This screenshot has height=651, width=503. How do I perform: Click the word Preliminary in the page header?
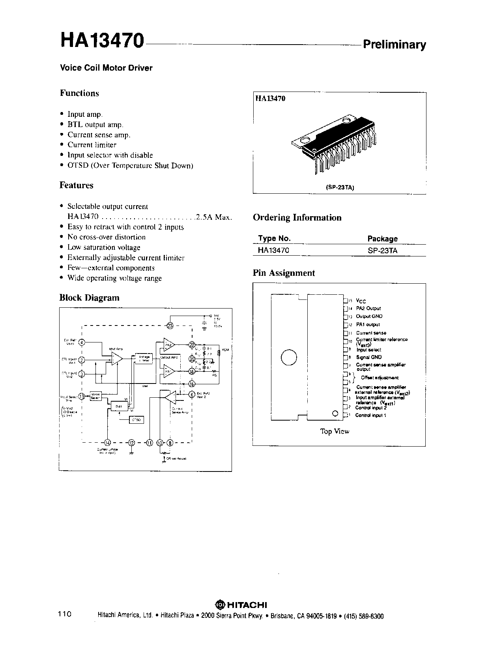coord(394,45)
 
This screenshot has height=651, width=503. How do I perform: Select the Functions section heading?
coord(79,93)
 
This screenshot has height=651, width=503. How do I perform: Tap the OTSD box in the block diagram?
coord(137,420)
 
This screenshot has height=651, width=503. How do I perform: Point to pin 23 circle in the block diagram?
coord(170,325)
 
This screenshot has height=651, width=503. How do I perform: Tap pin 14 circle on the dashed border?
coord(108,442)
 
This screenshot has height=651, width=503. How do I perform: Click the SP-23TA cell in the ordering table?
coord(382,250)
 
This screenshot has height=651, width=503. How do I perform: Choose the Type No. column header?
coord(274,238)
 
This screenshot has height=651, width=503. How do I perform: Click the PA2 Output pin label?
coord(368,308)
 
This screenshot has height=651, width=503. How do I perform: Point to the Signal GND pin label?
coord(368,357)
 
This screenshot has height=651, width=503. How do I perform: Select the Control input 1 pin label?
coord(370,415)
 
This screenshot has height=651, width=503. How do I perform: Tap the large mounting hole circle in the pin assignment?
coord(288,357)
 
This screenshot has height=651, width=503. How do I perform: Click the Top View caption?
coord(335,431)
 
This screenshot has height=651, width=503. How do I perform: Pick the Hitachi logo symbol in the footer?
coord(219,605)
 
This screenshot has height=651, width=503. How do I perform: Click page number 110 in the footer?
coord(64,614)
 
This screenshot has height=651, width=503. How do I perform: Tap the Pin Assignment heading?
coord(284,273)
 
